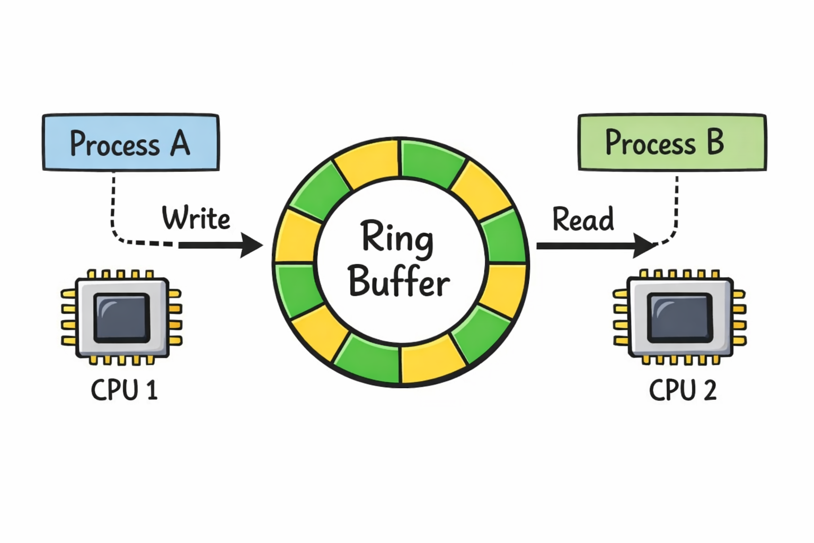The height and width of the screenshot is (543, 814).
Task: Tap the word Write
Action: point(196,218)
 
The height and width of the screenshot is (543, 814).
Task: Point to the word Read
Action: point(583,219)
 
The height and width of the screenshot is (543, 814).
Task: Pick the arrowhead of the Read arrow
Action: point(644,246)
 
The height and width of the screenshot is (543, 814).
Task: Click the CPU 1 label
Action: point(124,390)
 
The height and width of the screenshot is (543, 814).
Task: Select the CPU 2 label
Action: point(683,390)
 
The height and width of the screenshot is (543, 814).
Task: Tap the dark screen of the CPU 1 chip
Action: point(122,317)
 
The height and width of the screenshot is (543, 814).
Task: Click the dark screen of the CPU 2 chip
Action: point(680,317)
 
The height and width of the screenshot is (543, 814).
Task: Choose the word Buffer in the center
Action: point(399,281)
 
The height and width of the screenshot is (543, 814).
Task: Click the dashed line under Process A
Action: point(113,207)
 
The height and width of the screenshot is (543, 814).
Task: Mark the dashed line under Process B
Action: point(676,207)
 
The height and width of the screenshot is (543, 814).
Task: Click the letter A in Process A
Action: point(180,143)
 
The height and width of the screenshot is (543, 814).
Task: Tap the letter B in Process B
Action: point(715,142)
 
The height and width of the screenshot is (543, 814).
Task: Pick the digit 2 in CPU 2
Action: point(710,390)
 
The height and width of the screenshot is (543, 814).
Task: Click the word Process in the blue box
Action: point(114,144)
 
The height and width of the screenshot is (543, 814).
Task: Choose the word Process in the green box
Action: point(650,143)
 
